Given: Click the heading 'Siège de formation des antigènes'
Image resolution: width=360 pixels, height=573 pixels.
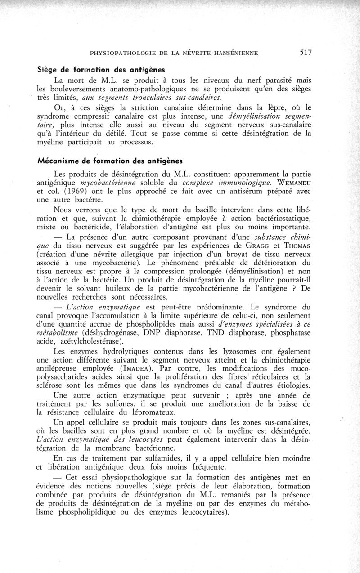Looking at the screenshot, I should coord(103,70).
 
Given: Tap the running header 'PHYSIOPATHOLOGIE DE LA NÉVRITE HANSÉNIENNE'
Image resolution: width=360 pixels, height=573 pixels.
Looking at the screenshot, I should coord(174,53).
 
